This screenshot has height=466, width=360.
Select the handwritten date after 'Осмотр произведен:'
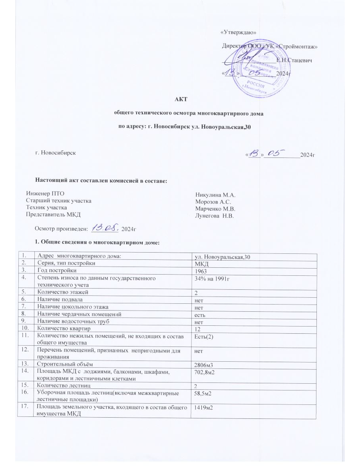point(106,228)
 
